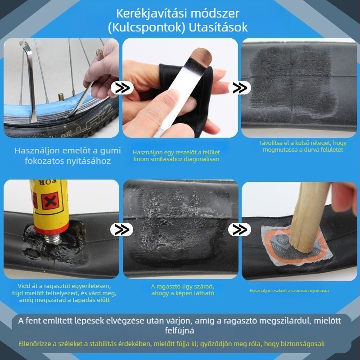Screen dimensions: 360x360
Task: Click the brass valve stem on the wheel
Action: [60, 97]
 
